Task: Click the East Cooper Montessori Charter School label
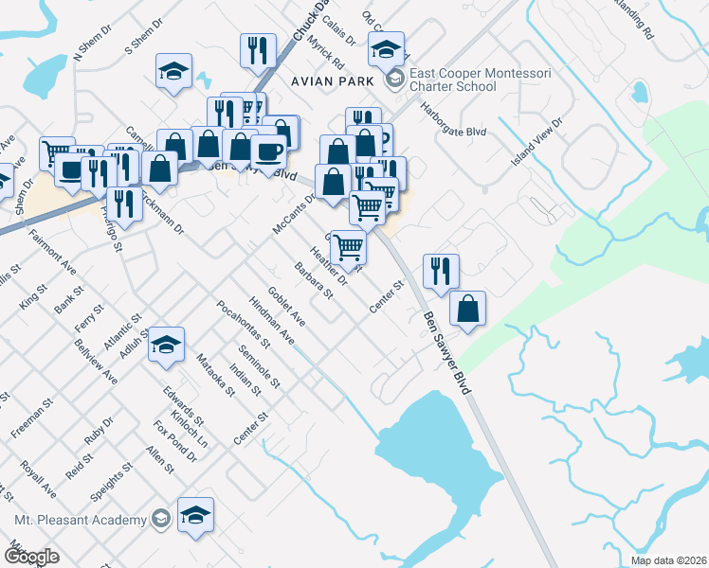[x=452, y=80]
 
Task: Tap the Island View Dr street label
[x=537, y=142]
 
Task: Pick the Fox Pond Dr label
[x=173, y=441]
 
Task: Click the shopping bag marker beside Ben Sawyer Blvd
[x=467, y=309]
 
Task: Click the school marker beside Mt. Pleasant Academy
[x=195, y=516]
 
